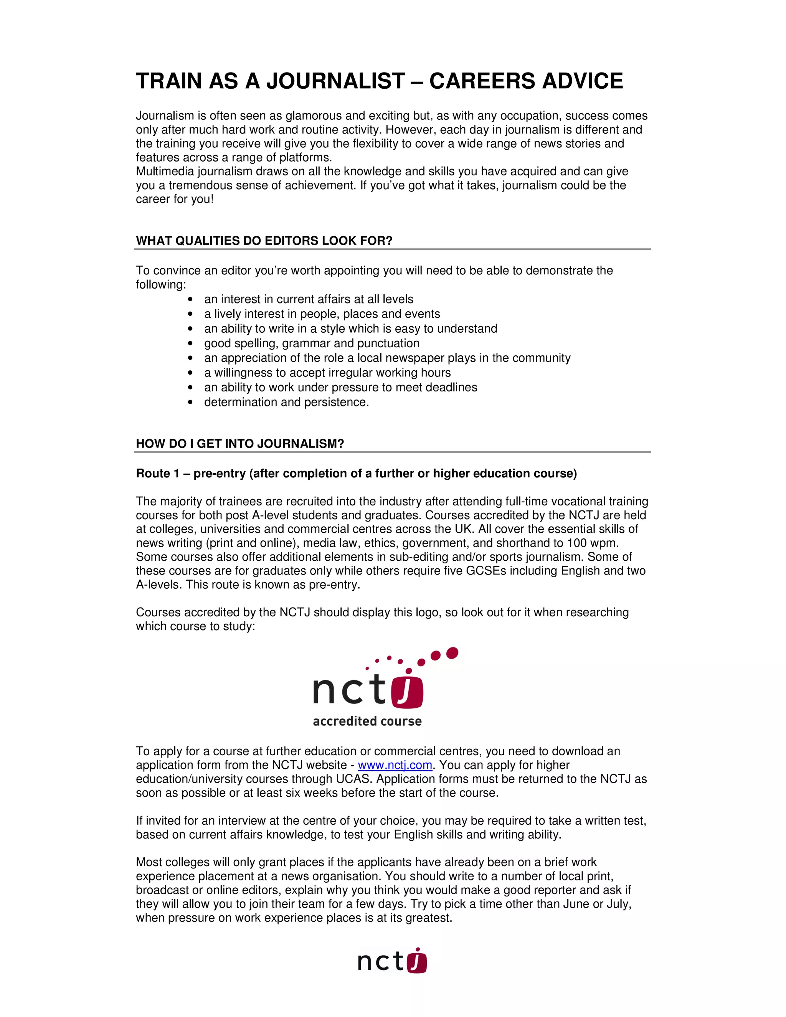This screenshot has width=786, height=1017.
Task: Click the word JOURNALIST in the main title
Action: (x=335, y=81)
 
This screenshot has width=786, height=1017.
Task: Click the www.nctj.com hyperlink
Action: (x=395, y=765)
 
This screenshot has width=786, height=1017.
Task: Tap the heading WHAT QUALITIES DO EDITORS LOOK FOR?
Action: (x=264, y=241)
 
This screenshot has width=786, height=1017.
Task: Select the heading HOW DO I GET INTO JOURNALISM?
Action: (x=240, y=444)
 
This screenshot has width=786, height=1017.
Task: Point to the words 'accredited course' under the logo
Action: (x=367, y=721)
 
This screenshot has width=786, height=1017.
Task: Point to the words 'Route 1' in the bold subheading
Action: (x=157, y=474)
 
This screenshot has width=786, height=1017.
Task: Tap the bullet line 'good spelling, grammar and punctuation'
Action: (x=312, y=343)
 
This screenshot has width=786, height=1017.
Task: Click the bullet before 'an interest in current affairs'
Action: (x=190, y=300)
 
